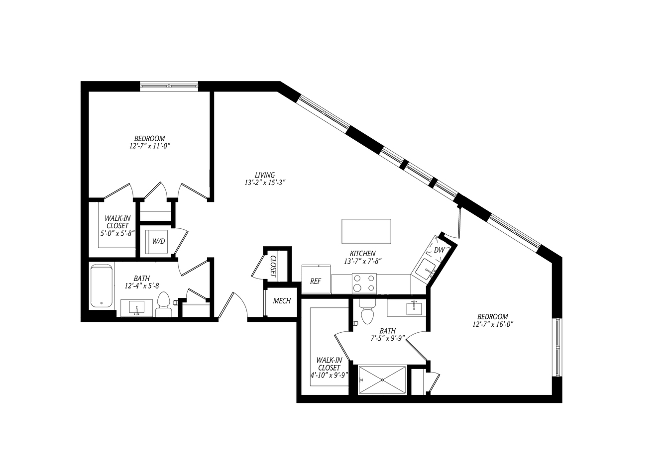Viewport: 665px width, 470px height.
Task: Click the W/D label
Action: [158, 242]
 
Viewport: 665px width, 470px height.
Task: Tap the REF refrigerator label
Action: [316, 282]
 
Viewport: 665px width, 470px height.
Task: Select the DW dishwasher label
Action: [440, 250]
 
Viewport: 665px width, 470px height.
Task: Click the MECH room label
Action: [282, 301]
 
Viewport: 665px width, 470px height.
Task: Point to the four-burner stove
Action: [364, 283]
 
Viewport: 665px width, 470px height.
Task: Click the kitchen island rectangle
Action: [366, 231]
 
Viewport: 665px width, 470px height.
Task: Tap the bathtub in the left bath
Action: [102, 286]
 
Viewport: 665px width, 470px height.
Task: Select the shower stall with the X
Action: [382, 380]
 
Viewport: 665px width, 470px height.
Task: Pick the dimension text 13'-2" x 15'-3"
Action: [265, 183]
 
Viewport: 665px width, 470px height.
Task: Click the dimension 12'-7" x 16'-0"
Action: [493, 324]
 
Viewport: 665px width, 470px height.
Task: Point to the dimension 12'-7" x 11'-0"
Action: [150, 146]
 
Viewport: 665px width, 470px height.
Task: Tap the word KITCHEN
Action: [362, 254]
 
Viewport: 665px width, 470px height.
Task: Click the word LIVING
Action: [265, 175]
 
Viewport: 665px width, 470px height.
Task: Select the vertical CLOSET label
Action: [273, 267]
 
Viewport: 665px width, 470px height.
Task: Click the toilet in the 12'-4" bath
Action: [163, 304]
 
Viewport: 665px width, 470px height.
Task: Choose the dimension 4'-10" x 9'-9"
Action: [329, 376]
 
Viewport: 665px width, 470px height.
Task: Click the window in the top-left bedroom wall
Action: [169, 86]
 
